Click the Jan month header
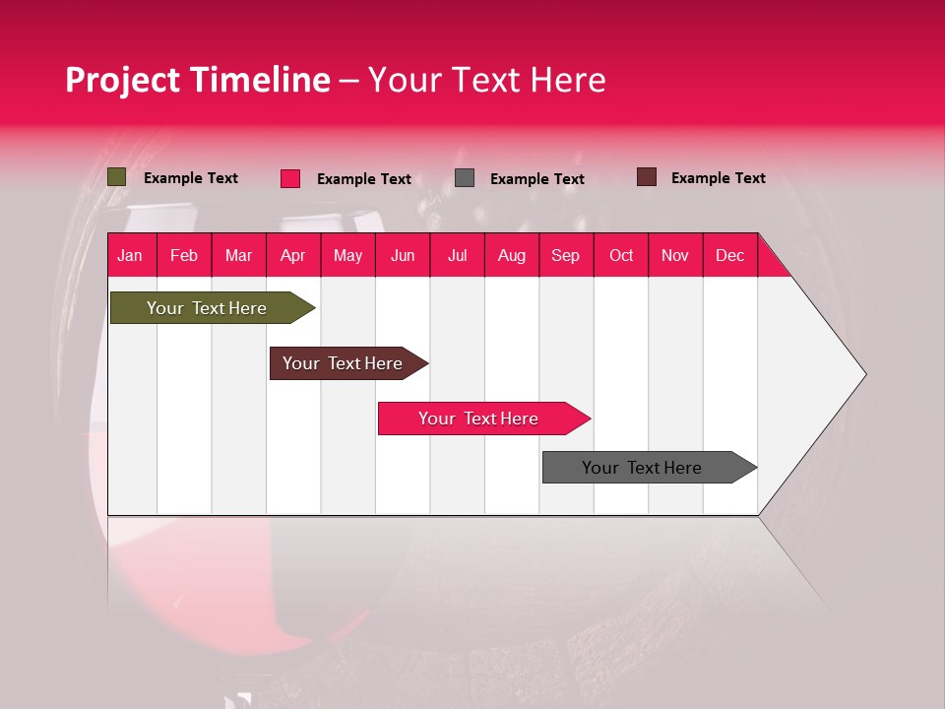point(131,255)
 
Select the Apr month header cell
point(293,255)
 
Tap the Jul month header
point(457,255)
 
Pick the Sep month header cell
point(566,255)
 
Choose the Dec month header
point(729,255)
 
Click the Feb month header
point(184,255)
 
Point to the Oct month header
point(621,255)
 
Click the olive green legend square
point(117,177)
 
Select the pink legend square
point(290,178)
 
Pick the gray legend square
point(465,178)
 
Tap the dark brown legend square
point(647,177)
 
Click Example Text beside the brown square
point(718,178)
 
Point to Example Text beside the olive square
point(191,178)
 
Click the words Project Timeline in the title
point(197,80)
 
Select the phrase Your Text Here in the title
point(486,80)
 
